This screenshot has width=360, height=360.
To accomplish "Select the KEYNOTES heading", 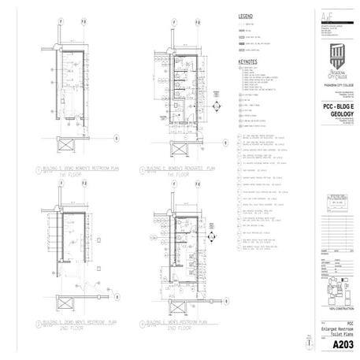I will tap(248, 60).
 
